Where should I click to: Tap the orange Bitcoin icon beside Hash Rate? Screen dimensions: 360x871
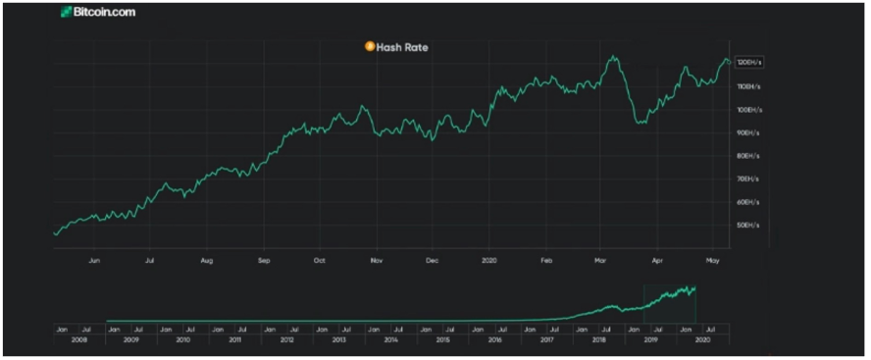point(369,46)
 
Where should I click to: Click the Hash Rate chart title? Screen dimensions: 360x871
point(402,46)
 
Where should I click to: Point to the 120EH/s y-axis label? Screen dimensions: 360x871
point(747,62)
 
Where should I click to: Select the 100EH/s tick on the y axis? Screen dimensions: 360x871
point(747,109)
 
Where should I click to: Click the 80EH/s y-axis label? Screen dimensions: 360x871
point(747,156)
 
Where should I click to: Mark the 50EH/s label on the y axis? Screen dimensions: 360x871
point(747,226)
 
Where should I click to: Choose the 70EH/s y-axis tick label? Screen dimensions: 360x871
point(747,179)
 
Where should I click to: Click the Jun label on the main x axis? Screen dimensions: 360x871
point(94,262)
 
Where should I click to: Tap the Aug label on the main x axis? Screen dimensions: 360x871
point(206,262)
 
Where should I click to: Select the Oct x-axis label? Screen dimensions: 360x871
point(320,262)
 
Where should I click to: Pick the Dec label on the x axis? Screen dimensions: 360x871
point(433,262)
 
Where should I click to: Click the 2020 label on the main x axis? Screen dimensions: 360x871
point(490,262)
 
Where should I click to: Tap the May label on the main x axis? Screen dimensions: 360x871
point(714,262)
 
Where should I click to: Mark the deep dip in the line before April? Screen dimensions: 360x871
point(640,123)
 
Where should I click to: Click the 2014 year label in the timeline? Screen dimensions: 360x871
point(390,339)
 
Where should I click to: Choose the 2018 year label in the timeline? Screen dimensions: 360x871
point(600,339)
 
